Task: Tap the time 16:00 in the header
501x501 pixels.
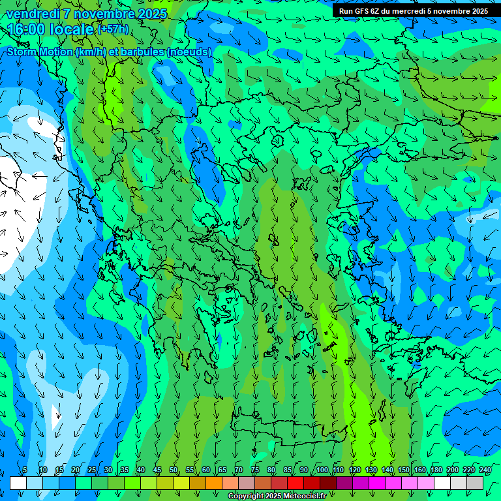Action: [27, 29]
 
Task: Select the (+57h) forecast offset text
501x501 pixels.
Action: [113, 29]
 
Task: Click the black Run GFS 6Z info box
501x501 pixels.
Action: [414, 10]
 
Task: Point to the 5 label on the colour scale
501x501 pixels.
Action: [24, 470]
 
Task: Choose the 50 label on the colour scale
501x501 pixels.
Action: [174, 470]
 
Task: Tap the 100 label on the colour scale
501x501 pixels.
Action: [322, 470]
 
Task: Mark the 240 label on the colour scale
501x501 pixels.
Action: [485, 470]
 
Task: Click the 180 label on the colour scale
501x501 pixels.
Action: [436, 470]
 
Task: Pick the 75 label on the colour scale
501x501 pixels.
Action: [255, 470]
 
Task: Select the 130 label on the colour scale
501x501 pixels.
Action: [371, 470]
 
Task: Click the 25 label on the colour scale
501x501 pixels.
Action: [92, 470]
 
